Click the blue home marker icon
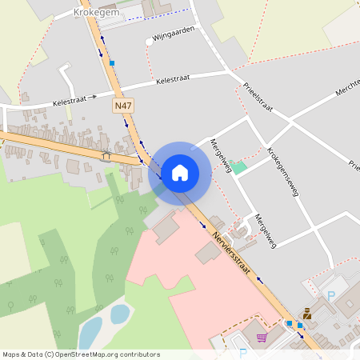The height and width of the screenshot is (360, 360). pos(180,172)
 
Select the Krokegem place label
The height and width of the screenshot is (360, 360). pos(97,13)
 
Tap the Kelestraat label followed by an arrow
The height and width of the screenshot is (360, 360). pos(74,101)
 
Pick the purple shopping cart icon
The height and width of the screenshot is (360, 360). pos(261,338)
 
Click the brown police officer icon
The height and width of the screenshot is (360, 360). pos(306,314)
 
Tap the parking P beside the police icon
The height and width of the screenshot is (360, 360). pos(331,296)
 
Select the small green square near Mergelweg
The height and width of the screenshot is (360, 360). pos(238,166)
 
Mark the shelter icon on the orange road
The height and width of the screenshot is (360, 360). pos(106,154)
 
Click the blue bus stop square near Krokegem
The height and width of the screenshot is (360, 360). pos(113,62)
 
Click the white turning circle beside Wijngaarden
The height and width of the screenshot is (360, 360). pos(149,41)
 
